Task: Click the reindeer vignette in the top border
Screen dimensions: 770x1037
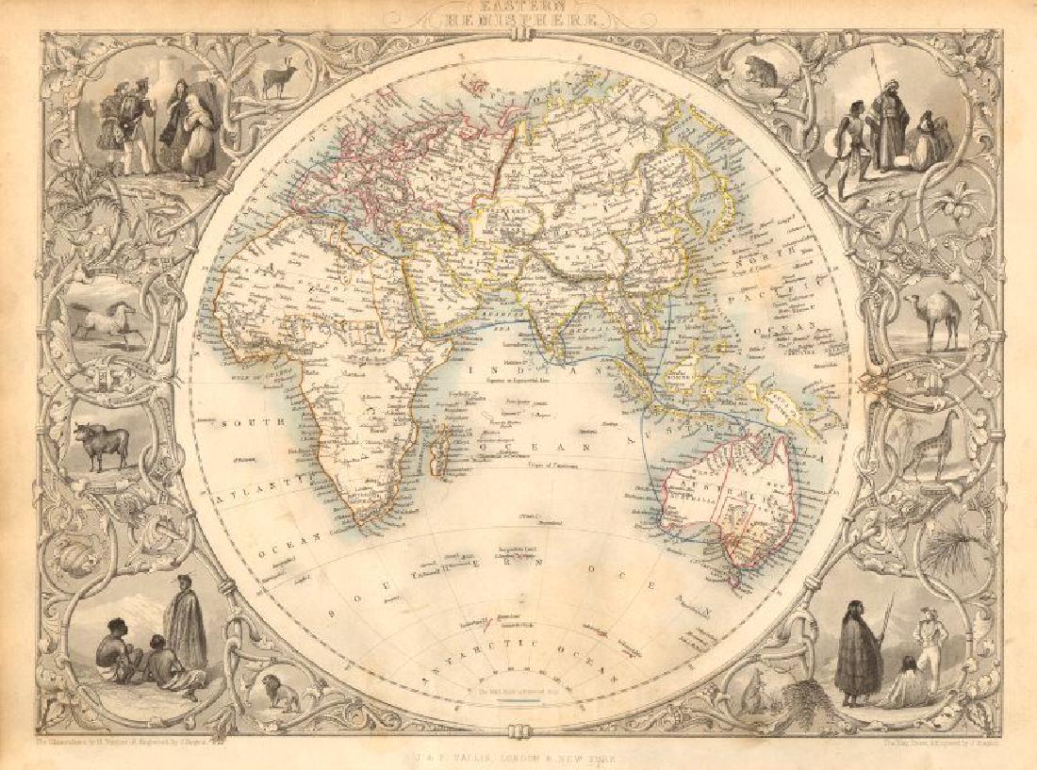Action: tap(279, 81)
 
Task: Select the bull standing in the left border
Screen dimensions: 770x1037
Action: tap(103, 443)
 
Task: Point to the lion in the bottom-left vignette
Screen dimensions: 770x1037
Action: tap(279, 694)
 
